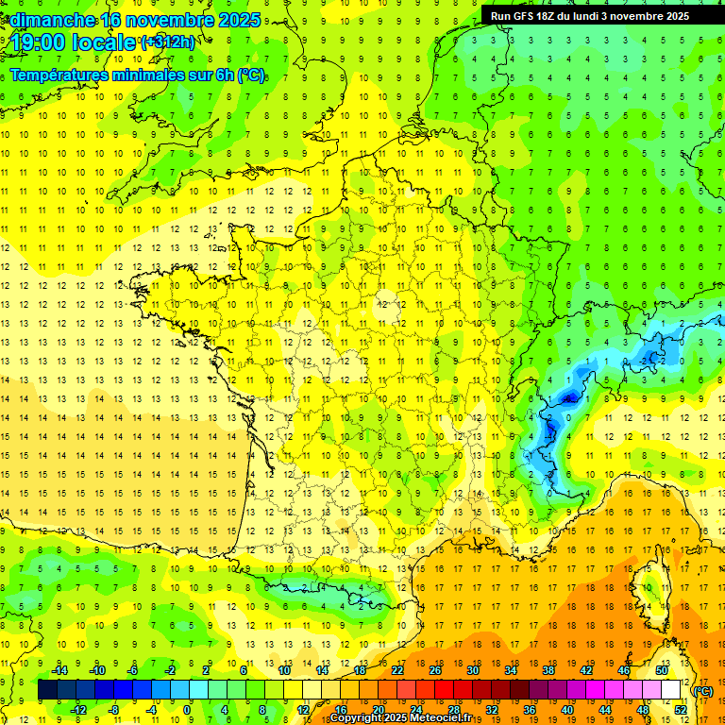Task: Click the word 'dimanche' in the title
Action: click(49, 20)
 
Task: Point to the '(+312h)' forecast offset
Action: click(167, 42)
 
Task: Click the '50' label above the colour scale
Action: click(661, 670)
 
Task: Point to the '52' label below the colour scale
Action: click(680, 710)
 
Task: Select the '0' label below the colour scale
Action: click(187, 710)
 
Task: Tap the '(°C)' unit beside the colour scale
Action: click(703, 691)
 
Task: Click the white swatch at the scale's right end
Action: click(671, 690)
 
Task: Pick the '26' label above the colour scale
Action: click(435, 670)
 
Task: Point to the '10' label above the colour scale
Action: click(284, 670)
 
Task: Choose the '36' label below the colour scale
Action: click(529, 710)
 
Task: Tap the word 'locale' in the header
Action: click(107, 42)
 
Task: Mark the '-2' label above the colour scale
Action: click(170, 670)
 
